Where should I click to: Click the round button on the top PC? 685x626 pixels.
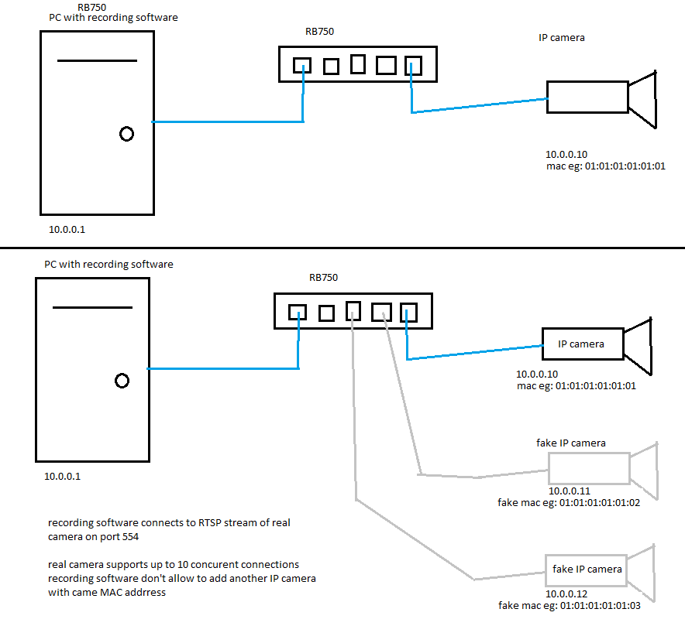coord(126,134)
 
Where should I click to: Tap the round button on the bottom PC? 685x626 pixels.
coord(122,381)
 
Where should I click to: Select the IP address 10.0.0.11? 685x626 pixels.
coord(570,491)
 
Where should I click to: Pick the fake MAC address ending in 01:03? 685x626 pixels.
coord(570,606)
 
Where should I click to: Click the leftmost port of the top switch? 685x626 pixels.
coord(302,65)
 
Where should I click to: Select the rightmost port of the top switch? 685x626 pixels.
coord(413,66)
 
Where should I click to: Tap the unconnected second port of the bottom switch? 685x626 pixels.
coord(326,313)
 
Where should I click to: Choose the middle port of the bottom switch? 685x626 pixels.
coord(354,310)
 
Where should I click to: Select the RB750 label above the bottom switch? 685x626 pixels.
coord(323,277)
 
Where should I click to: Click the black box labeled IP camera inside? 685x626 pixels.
coord(582,344)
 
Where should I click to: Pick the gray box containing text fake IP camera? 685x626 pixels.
coord(587,570)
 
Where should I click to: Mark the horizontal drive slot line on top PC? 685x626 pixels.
coord(97,60)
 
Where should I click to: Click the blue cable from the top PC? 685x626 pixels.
coord(225,121)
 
